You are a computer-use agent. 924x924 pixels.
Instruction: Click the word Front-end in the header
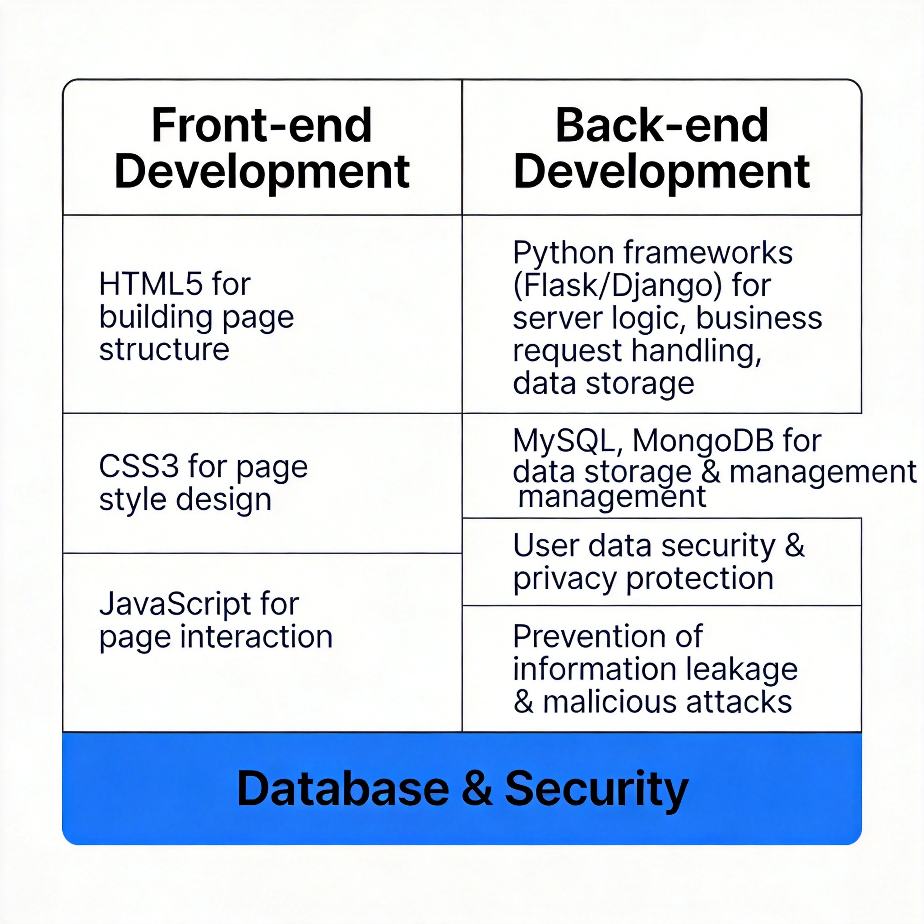click(x=262, y=125)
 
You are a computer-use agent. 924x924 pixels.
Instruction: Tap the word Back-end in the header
click(x=661, y=125)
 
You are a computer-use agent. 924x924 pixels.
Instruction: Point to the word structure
click(x=164, y=350)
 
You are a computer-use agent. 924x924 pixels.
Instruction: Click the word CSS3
click(x=138, y=467)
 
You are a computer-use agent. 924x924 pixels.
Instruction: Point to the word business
click(x=758, y=318)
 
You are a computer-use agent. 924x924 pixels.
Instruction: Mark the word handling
click(x=696, y=351)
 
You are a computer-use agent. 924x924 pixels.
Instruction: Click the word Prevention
click(x=607, y=637)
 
